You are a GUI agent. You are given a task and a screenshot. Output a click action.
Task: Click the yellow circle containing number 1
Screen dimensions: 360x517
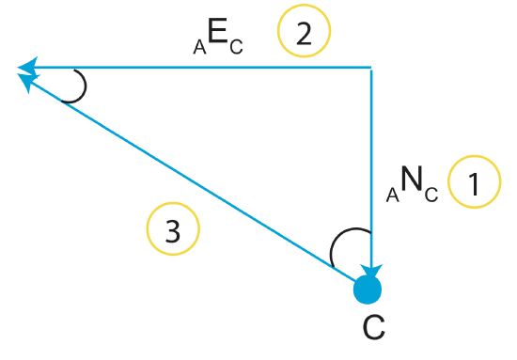coord(474,182)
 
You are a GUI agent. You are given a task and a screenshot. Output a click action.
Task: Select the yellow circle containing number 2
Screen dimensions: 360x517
coord(305,34)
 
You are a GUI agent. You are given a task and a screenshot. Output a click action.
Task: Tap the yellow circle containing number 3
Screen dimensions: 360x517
coord(173,230)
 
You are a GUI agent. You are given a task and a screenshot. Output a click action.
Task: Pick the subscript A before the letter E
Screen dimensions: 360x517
coord(199,47)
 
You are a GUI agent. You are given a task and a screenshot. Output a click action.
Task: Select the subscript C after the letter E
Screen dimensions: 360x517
coord(236,47)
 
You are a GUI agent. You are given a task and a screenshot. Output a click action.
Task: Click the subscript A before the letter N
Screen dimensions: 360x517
coord(394,195)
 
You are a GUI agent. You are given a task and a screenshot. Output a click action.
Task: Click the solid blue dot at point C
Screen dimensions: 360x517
coord(368,289)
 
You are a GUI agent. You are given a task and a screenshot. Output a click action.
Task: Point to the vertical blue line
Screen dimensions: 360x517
coord(372,169)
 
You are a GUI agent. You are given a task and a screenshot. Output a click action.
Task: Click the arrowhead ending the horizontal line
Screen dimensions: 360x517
coord(28,67)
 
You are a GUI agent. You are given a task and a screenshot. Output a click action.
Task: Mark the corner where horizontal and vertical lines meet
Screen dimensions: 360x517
coord(372,68)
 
